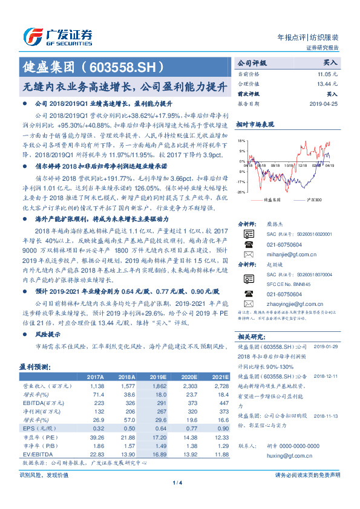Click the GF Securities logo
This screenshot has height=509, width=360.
pyautogui.click(x=57, y=35)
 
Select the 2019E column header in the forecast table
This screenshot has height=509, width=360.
pyautogui.click(x=158, y=377)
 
